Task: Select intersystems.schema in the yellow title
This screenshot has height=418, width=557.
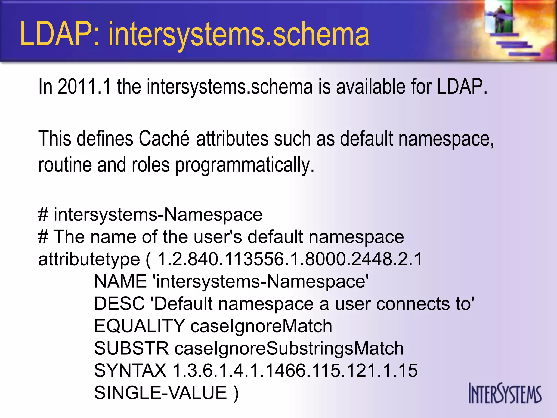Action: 239,35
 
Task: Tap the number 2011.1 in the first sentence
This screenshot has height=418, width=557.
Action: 84,87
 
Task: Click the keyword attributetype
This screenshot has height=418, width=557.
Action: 89,259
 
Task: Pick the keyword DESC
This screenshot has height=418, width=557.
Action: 119,303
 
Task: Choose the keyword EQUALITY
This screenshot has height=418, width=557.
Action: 139,326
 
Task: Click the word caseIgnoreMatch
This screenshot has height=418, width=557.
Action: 261,326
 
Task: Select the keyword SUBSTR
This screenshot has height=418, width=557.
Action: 131,348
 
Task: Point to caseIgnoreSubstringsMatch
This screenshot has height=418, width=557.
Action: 289,349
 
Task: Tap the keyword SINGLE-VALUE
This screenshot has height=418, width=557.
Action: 160,393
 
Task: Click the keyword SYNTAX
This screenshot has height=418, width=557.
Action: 130,370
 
